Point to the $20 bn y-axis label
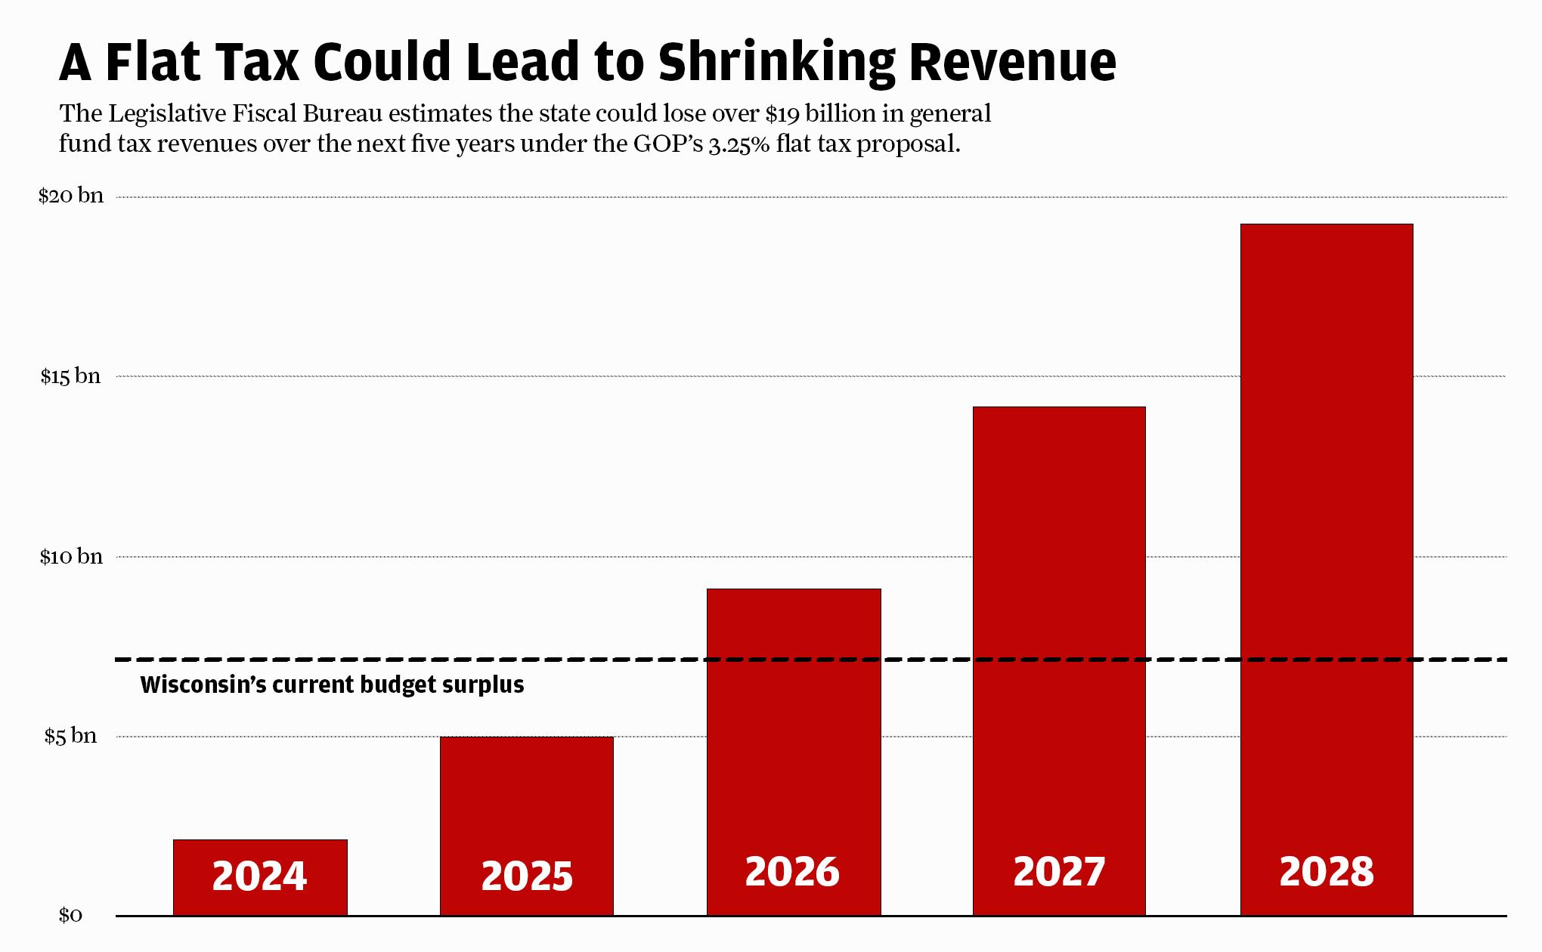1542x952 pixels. click(71, 196)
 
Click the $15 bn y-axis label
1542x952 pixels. click(70, 376)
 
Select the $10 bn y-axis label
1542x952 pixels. click(71, 557)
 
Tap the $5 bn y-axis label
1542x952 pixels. click(70, 736)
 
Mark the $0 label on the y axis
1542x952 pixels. click(70, 916)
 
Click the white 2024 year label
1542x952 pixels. click(259, 876)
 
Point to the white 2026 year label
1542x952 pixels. click(792, 872)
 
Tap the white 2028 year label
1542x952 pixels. click(1327, 872)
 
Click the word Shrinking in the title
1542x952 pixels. click(777, 63)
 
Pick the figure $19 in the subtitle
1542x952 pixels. click(782, 114)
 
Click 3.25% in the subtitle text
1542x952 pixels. click(738, 144)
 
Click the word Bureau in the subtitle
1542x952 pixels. click(342, 114)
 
